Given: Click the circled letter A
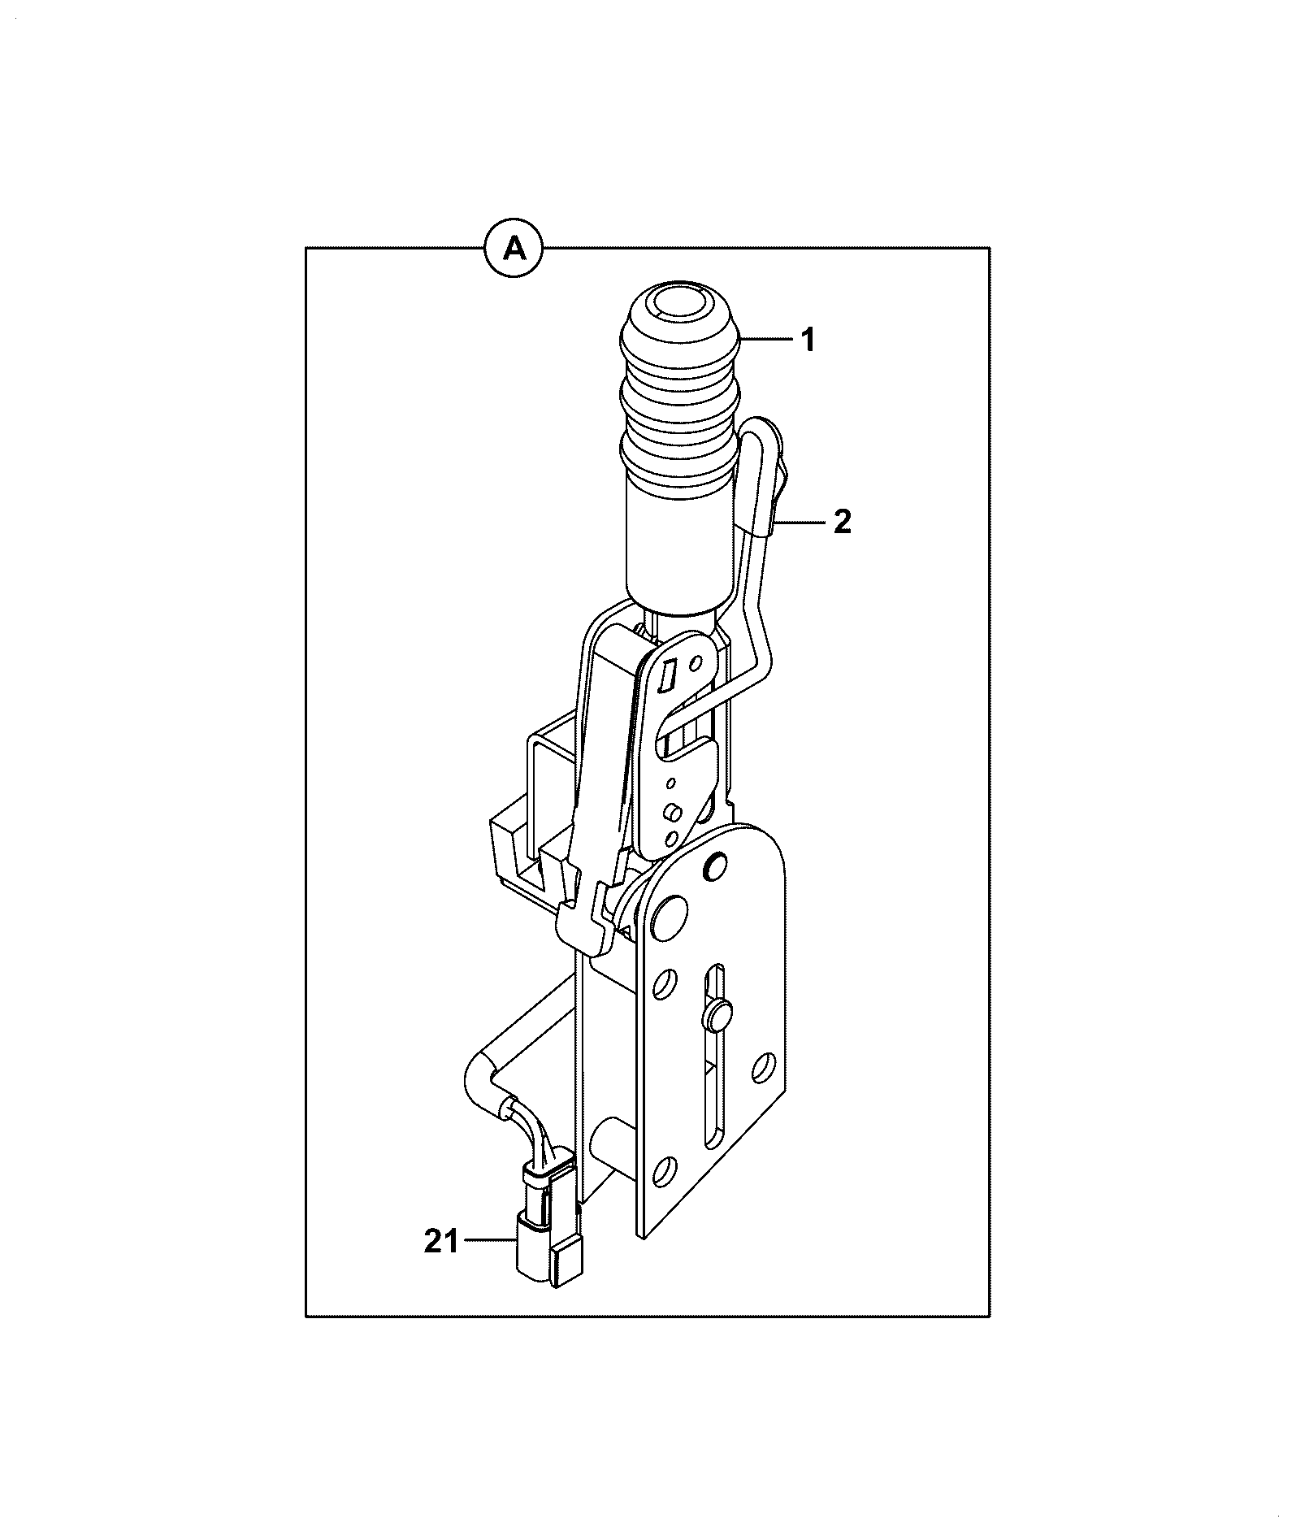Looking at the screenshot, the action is (514, 248).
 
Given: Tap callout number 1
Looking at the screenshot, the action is (808, 341).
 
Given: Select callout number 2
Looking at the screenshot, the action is (843, 522).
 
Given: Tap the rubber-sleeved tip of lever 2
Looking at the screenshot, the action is (764, 475).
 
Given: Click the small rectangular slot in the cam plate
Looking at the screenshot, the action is (670, 676).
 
